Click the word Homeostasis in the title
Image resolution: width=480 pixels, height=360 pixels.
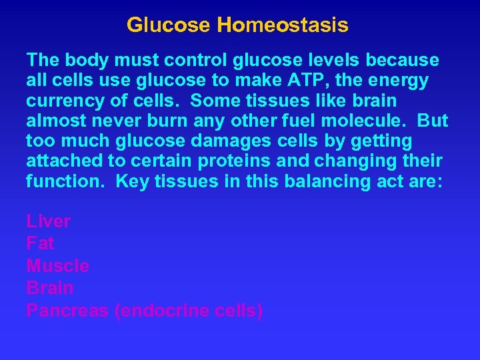coord(282,26)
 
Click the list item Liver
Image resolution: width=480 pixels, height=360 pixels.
coord(49,221)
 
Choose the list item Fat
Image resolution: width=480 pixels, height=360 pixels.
coord(40,243)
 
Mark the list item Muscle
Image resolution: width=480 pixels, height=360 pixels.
coord(58,266)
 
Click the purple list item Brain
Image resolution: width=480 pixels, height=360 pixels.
coord(50,288)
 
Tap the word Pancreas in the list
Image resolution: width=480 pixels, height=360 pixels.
coord(67,311)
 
